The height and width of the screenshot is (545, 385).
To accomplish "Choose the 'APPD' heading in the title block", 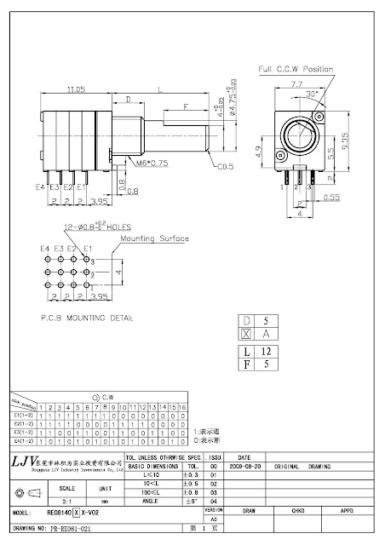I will pos(347,511).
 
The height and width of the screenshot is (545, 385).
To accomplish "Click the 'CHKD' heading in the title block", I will pos(297,511).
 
